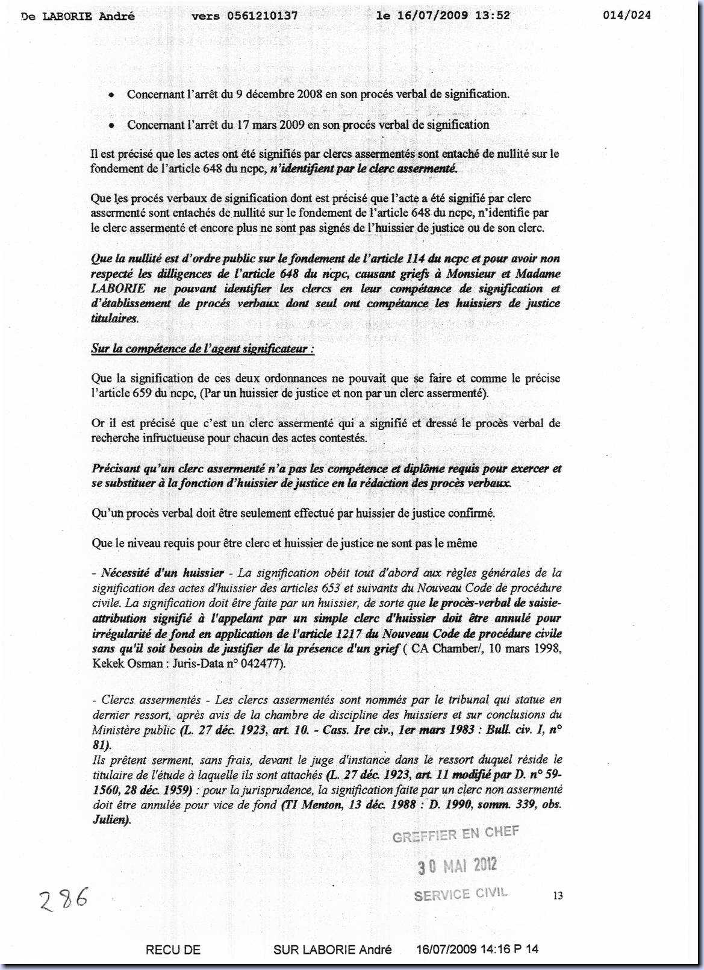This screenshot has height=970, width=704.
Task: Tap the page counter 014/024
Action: point(626,16)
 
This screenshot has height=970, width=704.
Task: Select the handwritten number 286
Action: point(63,900)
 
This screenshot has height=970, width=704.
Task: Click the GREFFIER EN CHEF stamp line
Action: point(455,834)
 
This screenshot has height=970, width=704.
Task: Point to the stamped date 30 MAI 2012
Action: point(458,866)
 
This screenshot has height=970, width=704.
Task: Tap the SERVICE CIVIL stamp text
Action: point(461,894)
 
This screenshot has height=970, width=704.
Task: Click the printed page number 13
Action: point(558,896)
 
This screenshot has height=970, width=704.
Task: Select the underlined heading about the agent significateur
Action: point(202,349)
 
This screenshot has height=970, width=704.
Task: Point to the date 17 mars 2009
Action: point(246,125)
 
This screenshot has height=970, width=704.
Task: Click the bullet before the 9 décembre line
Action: point(111,95)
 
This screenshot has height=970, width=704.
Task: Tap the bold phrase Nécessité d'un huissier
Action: point(163,573)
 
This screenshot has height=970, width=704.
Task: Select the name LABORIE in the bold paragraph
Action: point(118,289)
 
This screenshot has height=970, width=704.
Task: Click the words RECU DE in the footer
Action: point(173,950)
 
